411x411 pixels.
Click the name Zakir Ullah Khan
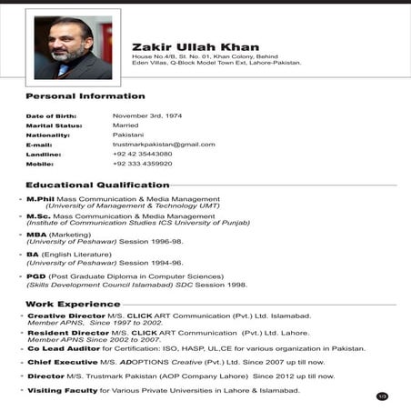(x=195, y=47)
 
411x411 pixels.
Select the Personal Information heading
(x=85, y=96)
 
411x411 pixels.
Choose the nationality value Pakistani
(x=128, y=135)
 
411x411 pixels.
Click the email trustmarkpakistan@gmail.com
(x=164, y=145)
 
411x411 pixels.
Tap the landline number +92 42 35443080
(x=142, y=154)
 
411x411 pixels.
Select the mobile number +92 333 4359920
(x=142, y=164)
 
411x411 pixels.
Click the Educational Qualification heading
(x=97, y=185)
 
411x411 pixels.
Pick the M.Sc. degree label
(x=38, y=216)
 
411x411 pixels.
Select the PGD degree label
(x=36, y=276)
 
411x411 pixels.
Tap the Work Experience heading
(x=73, y=304)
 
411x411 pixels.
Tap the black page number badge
(x=382, y=396)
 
